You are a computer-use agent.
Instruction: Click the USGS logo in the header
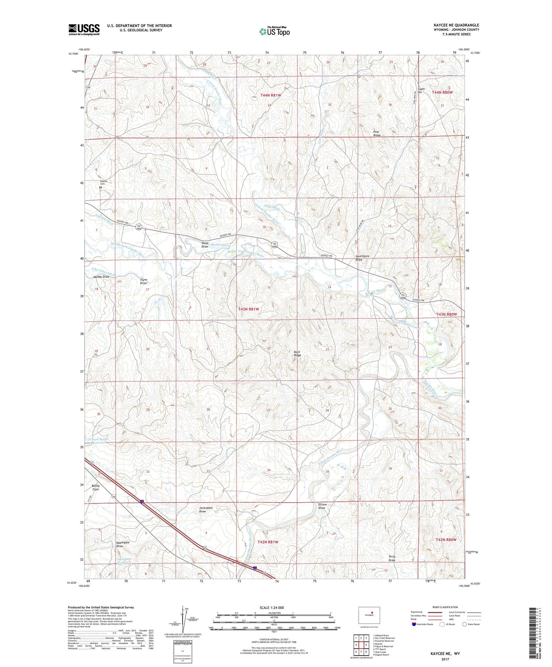(x=84, y=29)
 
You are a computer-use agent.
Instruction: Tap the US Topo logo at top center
(x=274, y=31)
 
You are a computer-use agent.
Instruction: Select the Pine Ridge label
(x=377, y=133)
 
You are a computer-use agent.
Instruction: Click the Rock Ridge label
(x=297, y=353)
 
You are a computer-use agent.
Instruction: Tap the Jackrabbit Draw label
(x=206, y=509)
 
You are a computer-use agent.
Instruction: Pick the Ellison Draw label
(x=322, y=506)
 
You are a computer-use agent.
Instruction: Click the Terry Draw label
(x=392, y=558)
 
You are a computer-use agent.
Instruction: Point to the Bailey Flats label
(x=96, y=487)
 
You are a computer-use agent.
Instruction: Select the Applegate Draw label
(x=123, y=544)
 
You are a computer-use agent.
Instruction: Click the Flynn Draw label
(x=143, y=281)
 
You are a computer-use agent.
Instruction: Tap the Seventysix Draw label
(x=359, y=258)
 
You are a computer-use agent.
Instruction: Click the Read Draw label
(x=205, y=244)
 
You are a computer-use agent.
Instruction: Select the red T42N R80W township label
(x=446, y=539)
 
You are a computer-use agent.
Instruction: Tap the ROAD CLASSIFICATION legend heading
(x=445, y=607)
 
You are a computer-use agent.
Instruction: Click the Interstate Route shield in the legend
(x=414, y=624)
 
